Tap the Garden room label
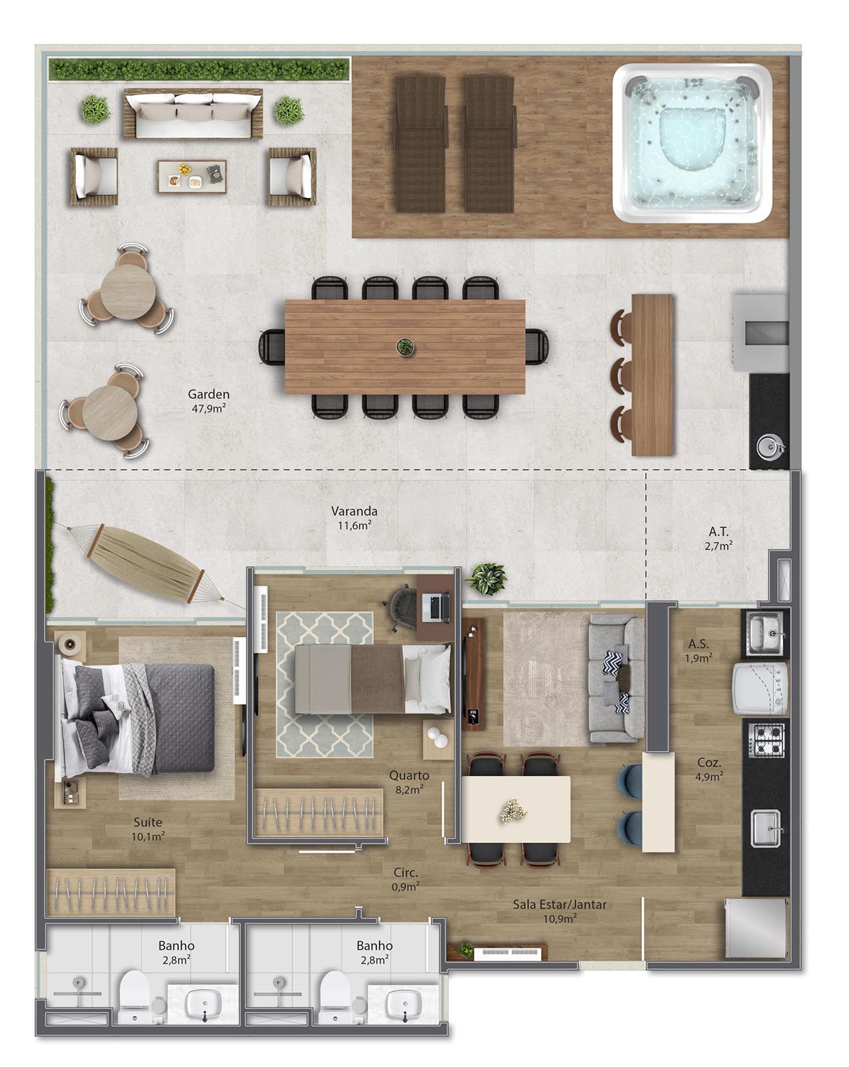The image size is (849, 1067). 208,401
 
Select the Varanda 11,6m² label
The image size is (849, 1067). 354,517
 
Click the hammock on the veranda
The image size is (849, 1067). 145,564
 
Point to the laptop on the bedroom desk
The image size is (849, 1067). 435,607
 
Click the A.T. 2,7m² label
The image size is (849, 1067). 718,538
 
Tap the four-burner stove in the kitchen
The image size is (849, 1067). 768,740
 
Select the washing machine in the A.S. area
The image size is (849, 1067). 760,689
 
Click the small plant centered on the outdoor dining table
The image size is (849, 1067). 405,347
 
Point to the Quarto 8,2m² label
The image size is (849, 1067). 409,782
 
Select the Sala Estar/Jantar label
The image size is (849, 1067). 560,904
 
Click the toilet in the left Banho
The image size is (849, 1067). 135,996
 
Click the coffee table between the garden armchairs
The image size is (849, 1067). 193,176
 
